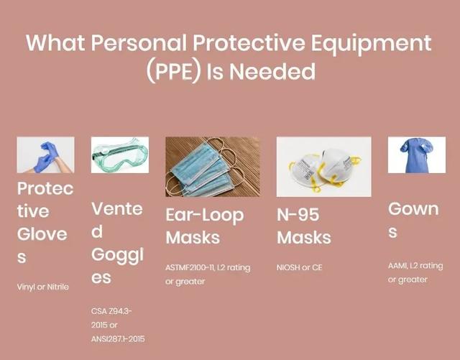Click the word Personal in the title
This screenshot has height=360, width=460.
[x=139, y=43]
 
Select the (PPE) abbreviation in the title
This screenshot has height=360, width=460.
[x=174, y=72]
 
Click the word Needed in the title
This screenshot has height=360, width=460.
[x=272, y=71]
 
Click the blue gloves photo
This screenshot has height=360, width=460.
[x=45, y=155]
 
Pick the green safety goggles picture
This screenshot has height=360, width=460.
[x=120, y=155]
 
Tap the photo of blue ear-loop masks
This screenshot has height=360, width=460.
[x=213, y=167]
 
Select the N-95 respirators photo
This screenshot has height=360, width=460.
[x=324, y=167]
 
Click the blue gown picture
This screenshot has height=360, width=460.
[x=417, y=155]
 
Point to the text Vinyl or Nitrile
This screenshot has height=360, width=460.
[x=43, y=287]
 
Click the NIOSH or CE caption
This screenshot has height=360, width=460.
[x=299, y=267]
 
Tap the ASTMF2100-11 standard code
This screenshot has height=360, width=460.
[x=190, y=267]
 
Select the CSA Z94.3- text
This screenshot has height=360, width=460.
[x=111, y=311]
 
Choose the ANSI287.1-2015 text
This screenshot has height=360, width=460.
[x=118, y=339]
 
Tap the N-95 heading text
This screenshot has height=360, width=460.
[x=298, y=215]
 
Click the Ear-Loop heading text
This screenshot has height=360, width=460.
[x=205, y=216]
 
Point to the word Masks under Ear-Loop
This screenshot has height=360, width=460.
[x=193, y=237]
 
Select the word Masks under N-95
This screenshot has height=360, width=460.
[x=304, y=237]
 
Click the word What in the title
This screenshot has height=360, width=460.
[x=56, y=43]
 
